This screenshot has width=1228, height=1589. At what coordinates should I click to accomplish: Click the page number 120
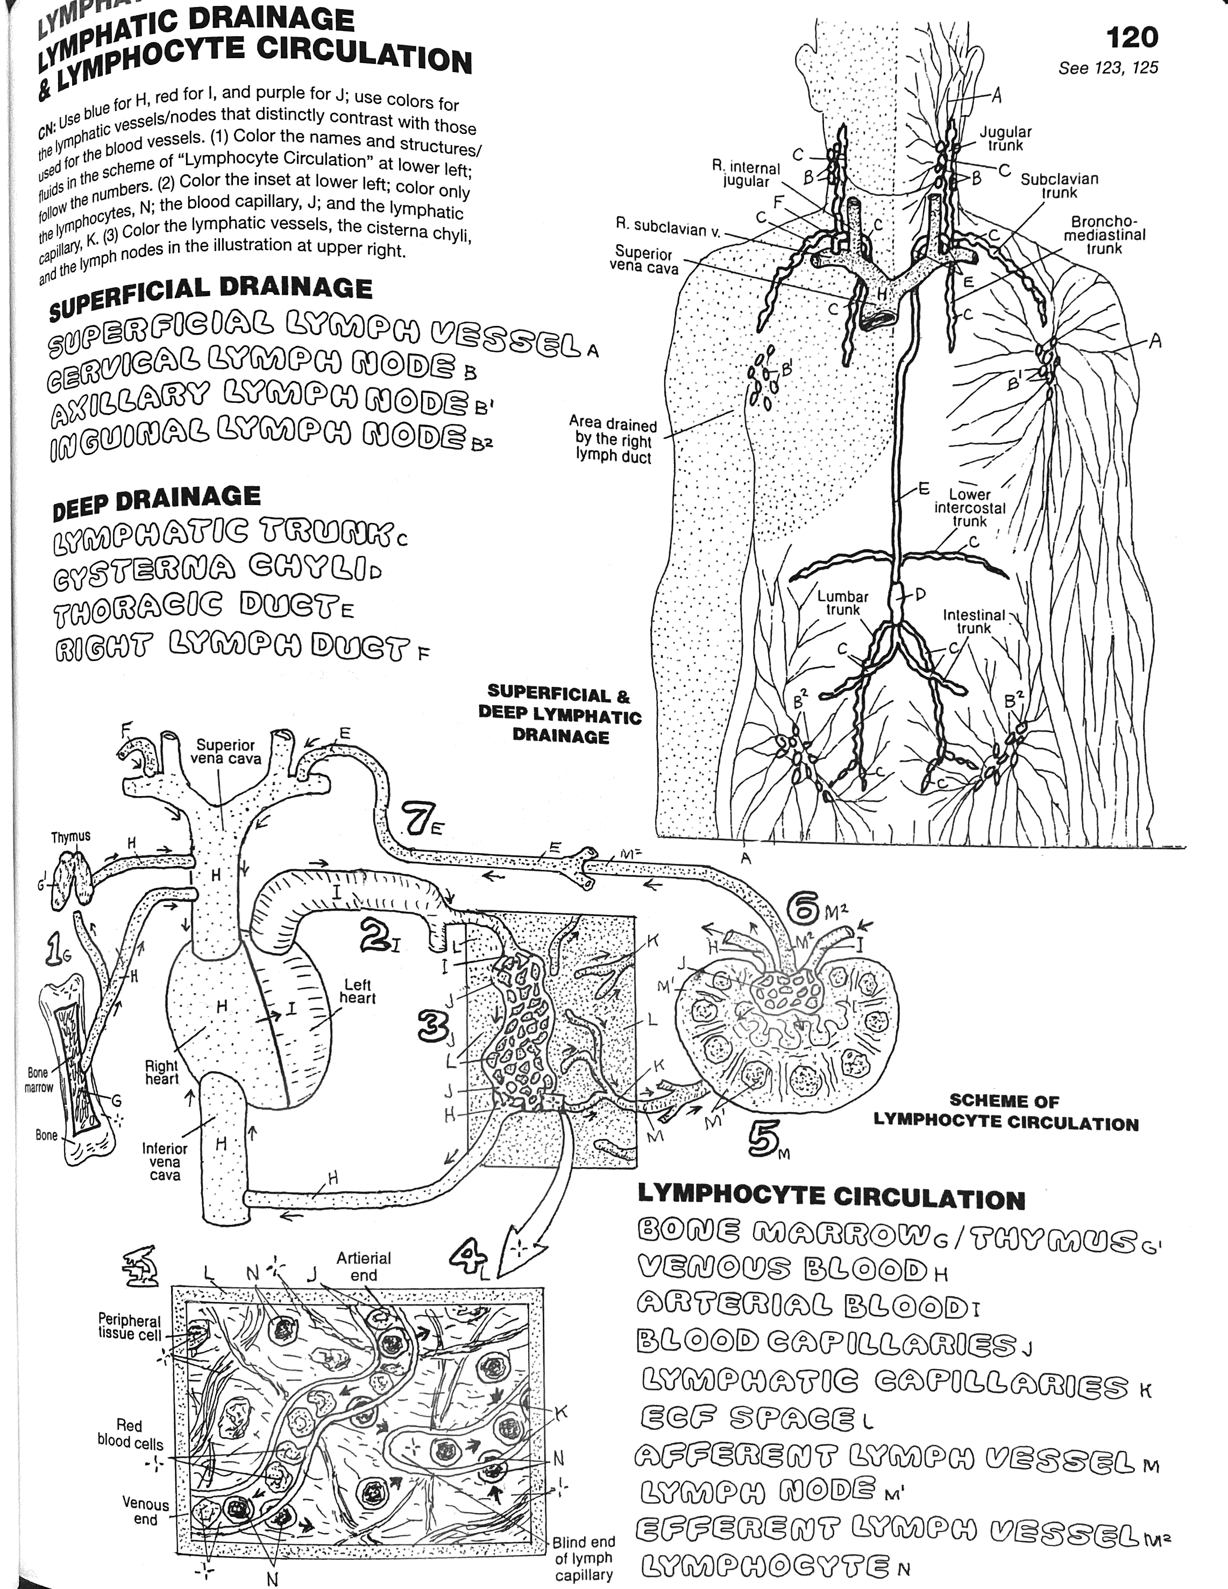pos(1131,37)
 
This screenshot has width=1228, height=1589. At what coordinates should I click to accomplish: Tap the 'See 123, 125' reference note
pos(1108,68)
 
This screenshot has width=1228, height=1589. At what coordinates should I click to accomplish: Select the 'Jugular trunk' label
pos(1005,138)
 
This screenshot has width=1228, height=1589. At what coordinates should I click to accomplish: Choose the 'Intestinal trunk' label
pos(974,621)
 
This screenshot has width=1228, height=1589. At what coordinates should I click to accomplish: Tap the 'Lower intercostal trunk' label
pos(969,508)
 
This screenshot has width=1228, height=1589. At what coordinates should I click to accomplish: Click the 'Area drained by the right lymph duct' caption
pos(613,440)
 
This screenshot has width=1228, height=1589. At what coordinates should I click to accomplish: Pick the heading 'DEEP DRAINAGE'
pos(157,502)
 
